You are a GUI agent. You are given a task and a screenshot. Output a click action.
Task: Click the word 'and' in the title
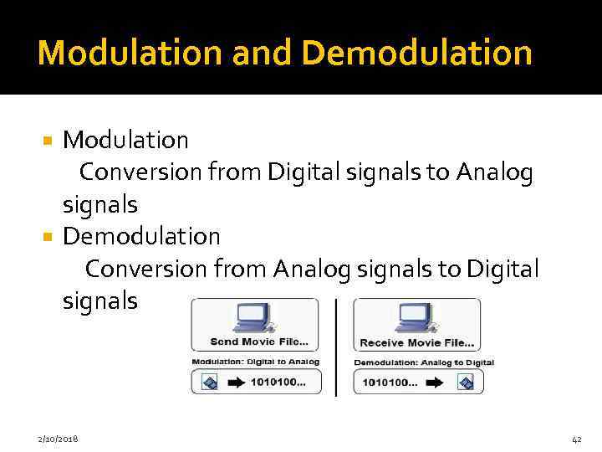click(265, 53)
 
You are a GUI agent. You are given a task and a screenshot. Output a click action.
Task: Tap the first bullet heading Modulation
click(125, 139)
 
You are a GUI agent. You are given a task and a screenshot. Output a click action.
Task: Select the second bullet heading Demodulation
click(141, 236)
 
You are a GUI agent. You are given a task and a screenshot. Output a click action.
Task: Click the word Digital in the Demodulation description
click(503, 269)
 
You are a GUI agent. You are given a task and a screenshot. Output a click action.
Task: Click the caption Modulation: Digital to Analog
click(255, 362)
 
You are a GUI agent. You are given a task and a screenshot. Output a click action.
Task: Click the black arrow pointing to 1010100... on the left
click(237, 382)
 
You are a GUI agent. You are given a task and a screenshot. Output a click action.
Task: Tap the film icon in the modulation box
click(209, 382)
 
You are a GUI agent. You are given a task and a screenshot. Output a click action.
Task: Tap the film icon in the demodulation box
click(465, 382)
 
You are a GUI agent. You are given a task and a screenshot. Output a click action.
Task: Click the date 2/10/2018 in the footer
click(59, 439)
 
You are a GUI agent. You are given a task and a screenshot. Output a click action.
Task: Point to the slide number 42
click(575, 439)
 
